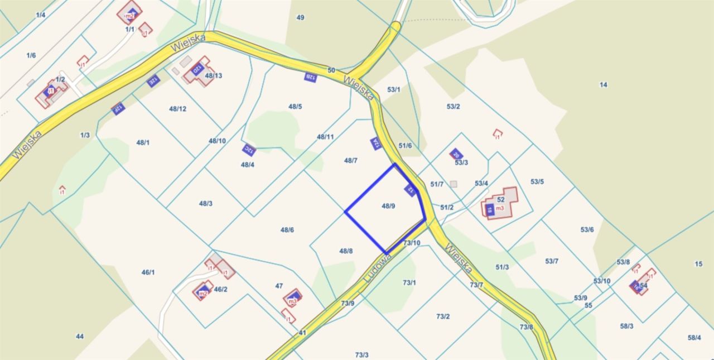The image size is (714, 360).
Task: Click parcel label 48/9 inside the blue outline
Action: click(x=388, y=206)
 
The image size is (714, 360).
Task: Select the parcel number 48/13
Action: click(x=214, y=75)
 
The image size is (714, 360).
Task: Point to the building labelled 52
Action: click(x=500, y=199)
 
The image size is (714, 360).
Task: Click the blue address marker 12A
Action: click(x=376, y=143)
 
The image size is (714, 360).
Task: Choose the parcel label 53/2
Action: click(x=453, y=106)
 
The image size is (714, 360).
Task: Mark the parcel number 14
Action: click(x=603, y=85)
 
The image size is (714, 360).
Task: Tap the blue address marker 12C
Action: click(x=249, y=150)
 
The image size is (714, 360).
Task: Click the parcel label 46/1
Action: click(x=148, y=272)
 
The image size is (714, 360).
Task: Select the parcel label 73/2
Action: click(x=443, y=316)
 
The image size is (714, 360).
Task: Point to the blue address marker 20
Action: click(x=456, y=154)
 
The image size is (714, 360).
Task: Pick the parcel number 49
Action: click(x=301, y=18)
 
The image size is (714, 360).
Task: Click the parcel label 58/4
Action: click(x=694, y=337)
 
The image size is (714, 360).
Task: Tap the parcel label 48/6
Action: click(x=287, y=230)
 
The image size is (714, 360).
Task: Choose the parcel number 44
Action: click(x=80, y=336)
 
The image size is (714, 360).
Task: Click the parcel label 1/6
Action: click(x=31, y=55)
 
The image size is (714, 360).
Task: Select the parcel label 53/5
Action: click(x=537, y=181)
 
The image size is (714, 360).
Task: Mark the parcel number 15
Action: click(x=698, y=264)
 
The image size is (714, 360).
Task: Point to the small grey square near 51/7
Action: click(x=454, y=184)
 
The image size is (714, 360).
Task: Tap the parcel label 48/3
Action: click(x=206, y=203)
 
